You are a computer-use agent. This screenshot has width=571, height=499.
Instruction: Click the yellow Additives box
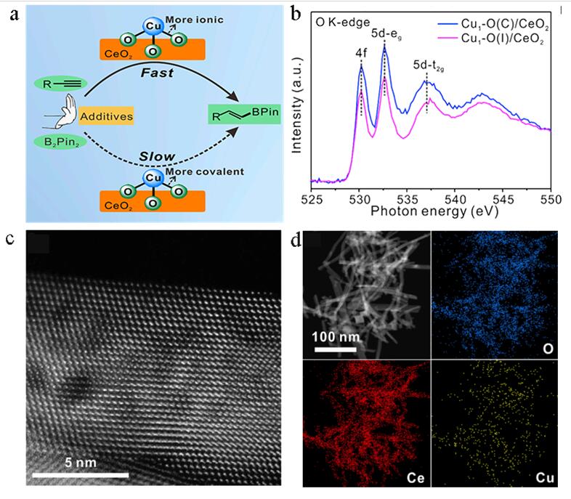point(101,115)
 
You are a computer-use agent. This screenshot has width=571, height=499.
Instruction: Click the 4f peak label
point(361,54)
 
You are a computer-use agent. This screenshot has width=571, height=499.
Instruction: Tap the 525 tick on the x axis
point(311,197)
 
